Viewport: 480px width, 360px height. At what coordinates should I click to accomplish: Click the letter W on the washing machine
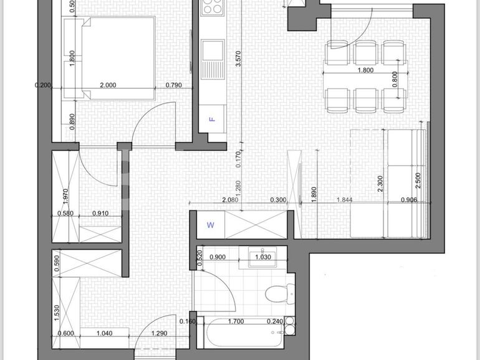210,225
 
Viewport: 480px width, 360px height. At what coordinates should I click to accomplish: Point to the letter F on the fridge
212,119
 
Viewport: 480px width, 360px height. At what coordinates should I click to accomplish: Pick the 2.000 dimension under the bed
108,86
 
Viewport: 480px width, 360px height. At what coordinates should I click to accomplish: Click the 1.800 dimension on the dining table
365,70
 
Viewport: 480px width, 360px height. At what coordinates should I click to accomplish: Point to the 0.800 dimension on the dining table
394,79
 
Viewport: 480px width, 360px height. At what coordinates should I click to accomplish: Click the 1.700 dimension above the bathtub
236,322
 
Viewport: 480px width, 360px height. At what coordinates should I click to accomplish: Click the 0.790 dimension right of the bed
174,86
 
